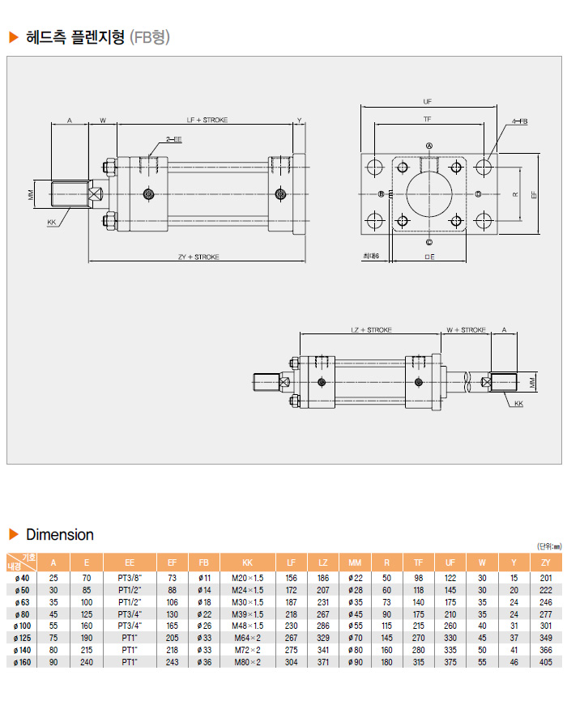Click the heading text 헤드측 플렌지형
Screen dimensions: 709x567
point(76,37)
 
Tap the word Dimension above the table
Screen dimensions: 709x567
point(60,535)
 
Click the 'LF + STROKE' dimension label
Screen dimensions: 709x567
point(207,120)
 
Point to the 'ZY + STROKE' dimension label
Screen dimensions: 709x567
point(198,257)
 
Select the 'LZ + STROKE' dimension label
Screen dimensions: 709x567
point(371,330)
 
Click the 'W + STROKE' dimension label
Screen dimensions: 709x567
point(467,330)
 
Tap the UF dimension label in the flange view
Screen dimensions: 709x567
point(427,102)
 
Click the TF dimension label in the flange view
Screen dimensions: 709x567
point(427,119)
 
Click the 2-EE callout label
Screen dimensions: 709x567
point(174,139)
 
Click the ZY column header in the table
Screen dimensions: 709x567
point(544,563)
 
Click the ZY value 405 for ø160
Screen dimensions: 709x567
point(544,662)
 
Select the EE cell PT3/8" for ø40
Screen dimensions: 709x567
point(130,577)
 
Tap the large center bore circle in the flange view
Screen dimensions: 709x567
point(429,194)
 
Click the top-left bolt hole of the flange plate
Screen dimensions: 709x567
point(375,168)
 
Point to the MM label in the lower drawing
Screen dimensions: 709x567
point(532,380)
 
